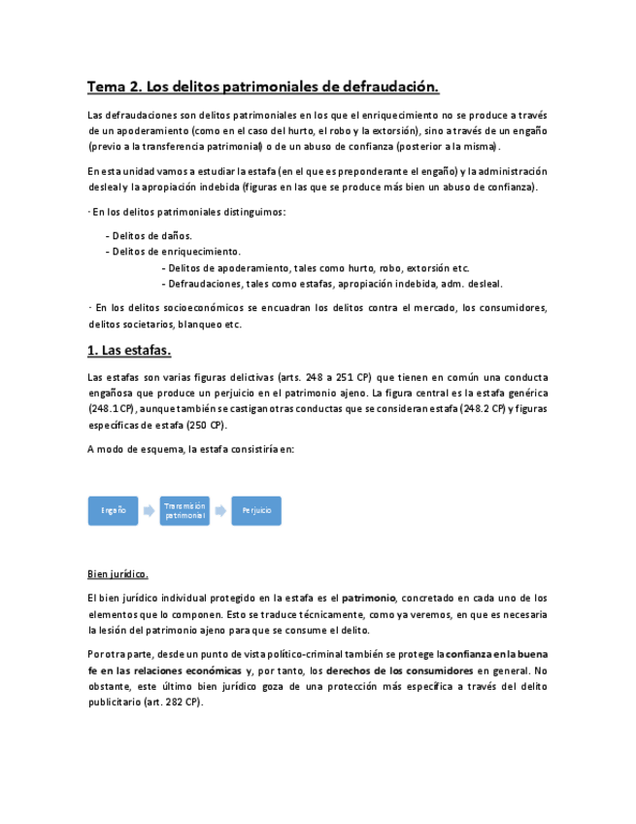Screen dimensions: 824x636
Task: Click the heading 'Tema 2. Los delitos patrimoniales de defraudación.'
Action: tap(263, 87)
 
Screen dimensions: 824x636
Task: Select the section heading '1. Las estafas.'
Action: tap(129, 350)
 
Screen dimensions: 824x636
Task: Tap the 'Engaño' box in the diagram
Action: tap(114, 510)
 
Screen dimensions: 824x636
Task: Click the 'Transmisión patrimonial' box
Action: tap(184, 510)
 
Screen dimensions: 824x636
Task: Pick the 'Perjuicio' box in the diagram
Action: tap(256, 510)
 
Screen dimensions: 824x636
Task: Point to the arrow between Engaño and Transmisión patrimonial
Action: tap(149, 510)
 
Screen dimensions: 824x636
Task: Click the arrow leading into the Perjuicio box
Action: tap(221, 510)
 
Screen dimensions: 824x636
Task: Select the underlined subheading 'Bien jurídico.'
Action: tap(117, 572)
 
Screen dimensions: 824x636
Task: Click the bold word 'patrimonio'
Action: tap(368, 599)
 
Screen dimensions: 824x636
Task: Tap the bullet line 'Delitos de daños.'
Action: tap(151, 235)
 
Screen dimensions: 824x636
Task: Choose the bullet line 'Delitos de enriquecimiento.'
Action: tap(177, 252)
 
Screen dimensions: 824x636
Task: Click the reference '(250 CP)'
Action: tap(204, 426)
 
